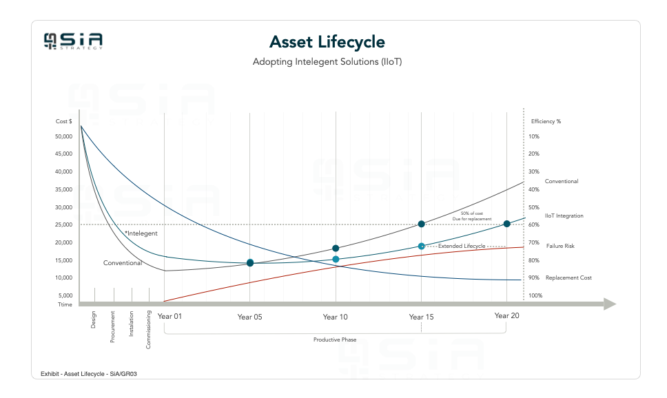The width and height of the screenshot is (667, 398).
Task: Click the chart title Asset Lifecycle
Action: [x=327, y=42]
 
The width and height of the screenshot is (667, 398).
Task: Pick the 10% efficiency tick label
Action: [x=533, y=136]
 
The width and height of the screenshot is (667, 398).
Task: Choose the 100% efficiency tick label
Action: [x=535, y=295]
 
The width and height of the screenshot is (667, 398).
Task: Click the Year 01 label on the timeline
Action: [x=170, y=317]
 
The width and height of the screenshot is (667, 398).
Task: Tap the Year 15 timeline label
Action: [x=421, y=317]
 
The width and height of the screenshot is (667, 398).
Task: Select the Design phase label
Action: [x=94, y=320]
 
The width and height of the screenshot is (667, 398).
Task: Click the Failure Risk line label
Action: [x=560, y=246]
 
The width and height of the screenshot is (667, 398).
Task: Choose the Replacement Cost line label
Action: [x=568, y=278]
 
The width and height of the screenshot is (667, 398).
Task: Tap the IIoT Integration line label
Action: [x=564, y=216]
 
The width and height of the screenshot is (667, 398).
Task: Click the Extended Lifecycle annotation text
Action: [x=462, y=246]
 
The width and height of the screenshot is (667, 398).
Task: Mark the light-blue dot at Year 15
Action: [x=422, y=246]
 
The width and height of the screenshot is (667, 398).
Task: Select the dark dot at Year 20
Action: [x=506, y=224]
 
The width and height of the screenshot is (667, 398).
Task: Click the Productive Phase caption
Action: [x=335, y=340]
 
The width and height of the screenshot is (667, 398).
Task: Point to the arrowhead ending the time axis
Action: [x=608, y=304]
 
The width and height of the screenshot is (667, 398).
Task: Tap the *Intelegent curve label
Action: [x=141, y=233]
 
